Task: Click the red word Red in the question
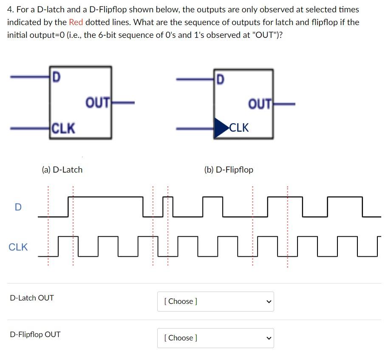point(75,22)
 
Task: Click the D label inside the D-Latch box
point(56,78)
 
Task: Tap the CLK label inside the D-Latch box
point(63,128)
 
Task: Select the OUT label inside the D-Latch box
point(98,103)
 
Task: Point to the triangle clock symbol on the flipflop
point(221,128)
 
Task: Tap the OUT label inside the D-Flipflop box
point(260,104)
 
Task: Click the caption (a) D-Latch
point(62,170)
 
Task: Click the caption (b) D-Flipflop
point(229,170)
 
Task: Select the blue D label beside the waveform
point(17,207)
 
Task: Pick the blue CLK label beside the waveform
point(18,247)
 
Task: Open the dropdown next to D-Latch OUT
point(215,301)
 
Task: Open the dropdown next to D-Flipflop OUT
point(215,338)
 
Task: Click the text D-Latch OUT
point(32,298)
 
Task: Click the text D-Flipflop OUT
point(35,334)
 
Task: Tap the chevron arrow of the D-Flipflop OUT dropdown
point(268,338)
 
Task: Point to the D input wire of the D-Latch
point(30,77)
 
